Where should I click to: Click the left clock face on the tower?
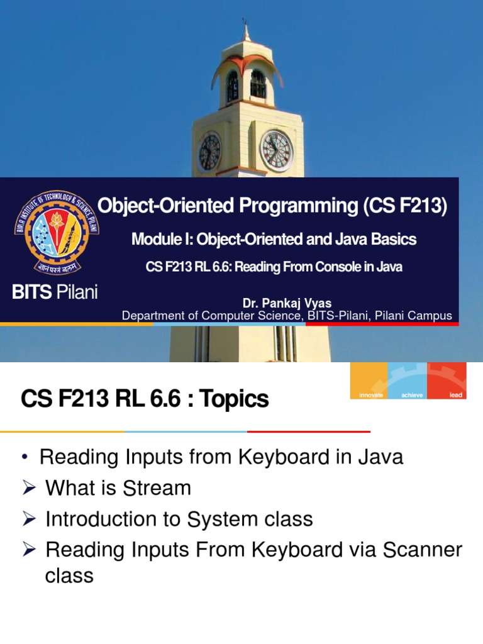click(x=209, y=152)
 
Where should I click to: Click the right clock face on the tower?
click(x=276, y=151)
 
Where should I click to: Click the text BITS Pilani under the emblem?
click(x=56, y=293)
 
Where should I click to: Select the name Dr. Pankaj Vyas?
click(x=287, y=304)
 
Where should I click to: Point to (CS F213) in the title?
click(x=405, y=206)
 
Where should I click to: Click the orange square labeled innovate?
click(x=369, y=380)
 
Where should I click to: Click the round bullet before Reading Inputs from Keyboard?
click(x=25, y=457)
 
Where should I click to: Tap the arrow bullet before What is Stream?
click(x=28, y=488)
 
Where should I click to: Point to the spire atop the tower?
click(x=245, y=31)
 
